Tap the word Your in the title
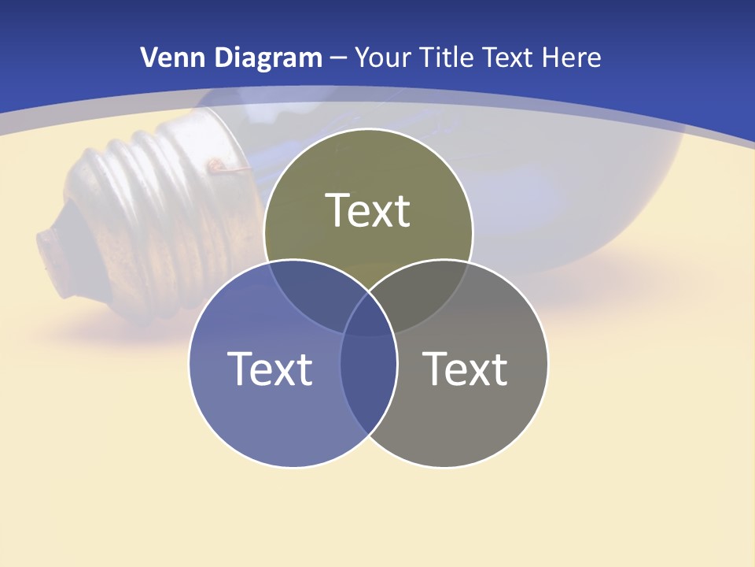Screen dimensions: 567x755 [x=384, y=57]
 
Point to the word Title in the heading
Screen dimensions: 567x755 [x=446, y=57]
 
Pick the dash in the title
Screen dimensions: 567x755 [x=339, y=58]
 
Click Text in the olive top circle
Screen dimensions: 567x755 [x=368, y=210]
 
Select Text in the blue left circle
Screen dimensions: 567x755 [x=270, y=368]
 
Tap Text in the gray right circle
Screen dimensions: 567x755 [x=466, y=368]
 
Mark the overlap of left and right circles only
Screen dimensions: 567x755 [x=368, y=378]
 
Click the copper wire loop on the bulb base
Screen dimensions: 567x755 [x=214, y=165]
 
